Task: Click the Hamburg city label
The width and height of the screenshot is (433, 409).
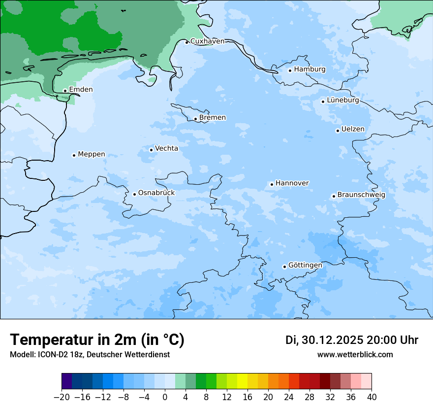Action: pyautogui.click(x=309, y=69)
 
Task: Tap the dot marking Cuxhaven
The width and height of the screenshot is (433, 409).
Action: pyautogui.click(x=186, y=42)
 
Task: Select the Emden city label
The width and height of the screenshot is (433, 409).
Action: pyautogui.click(x=81, y=90)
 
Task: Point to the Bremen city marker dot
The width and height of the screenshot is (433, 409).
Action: pyautogui.click(x=195, y=119)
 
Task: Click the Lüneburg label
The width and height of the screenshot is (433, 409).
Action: pyautogui.click(x=342, y=101)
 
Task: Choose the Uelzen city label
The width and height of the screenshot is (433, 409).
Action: pyautogui.click(x=353, y=130)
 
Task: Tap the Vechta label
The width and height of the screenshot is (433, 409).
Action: pyautogui.click(x=166, y=148)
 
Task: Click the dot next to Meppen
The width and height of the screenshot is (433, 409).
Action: pyautogui.click(x=74, y=155)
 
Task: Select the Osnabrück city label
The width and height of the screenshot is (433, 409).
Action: pyautogui.click(x=156, y=193)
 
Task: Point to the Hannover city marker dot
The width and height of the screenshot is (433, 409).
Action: pyautogui.click(x=272, y=184)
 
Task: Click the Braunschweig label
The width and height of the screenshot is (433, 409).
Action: pyautogui.click(x=361, y=195)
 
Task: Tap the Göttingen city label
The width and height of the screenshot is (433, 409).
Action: pyautogui.click(x=305, y=266)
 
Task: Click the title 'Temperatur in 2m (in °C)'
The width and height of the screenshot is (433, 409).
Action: pyautogui.click(x=97, y=340)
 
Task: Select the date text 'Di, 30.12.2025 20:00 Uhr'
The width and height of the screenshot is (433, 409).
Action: pyautogui.click(x=352, y=340)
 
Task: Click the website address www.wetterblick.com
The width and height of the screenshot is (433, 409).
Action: pyautogui.click(x=355, y=355)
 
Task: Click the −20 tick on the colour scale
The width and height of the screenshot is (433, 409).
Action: pyautogui.click(x=62, y=397)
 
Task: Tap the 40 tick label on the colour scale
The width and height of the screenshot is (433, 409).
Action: pyautogui.click(x=371, y=397)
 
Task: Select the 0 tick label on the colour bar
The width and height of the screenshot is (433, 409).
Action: pyautogui.click(x=165, y=397)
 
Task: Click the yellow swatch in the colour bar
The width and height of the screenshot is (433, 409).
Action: pyautogui.click(x=242, y=381)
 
